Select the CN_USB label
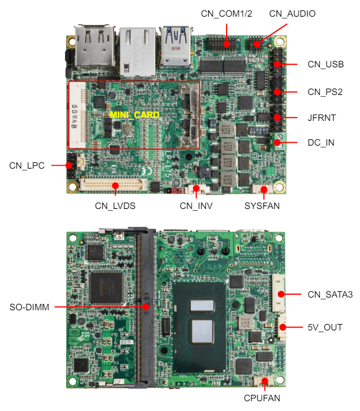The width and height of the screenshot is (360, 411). coord(325,64)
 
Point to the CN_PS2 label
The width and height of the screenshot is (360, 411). coord(325,92)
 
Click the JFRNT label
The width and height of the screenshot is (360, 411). coord(321,117)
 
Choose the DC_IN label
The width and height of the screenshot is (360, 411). coord(321,142)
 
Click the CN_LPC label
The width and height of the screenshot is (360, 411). coord(26,165)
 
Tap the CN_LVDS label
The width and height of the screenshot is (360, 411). coord(115,205)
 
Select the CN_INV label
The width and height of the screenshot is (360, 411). coord(196,205)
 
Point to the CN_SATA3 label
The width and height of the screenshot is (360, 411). coord(330,295)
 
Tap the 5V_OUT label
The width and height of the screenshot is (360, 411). coord(325,328)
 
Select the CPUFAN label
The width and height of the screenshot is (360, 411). coord(265,398)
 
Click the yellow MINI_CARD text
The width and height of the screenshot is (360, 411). coord(134,115)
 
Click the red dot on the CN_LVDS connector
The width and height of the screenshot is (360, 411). coord(116,185)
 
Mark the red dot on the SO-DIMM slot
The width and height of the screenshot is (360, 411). coord(146,307)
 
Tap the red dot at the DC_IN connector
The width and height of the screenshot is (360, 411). coord(277,142)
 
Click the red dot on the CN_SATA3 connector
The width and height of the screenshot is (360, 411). coord(281,294)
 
